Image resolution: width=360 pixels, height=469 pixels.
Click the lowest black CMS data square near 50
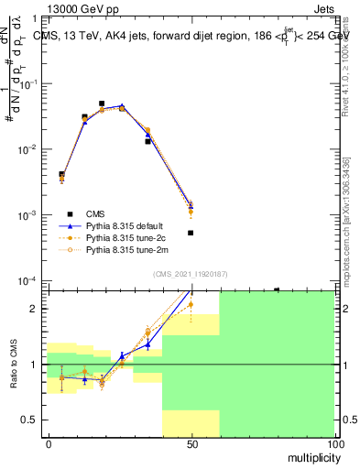(191, 233)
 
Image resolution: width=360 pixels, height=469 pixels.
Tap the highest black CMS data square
(102, 104)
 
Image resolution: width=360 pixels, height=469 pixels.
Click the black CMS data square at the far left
(61, 174)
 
